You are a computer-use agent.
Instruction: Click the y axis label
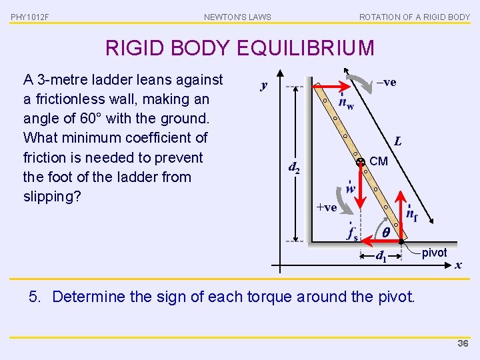[264, 85]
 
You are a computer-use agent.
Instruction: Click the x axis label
[457, 265]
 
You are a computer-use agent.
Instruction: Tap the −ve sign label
[386, 82]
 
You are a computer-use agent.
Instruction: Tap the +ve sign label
[326, 207]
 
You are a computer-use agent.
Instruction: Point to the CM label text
[378, 161]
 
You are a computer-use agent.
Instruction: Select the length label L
[397, 141]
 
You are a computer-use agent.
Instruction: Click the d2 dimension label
[294, 167]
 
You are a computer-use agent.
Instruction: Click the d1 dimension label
[381, 255]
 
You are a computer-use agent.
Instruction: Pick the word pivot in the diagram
[435, 253]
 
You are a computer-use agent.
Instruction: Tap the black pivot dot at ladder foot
[401, 242]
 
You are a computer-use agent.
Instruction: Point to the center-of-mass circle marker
[360, 162]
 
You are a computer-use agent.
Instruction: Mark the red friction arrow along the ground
[381, 242]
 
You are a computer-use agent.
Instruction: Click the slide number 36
[463, 343]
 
